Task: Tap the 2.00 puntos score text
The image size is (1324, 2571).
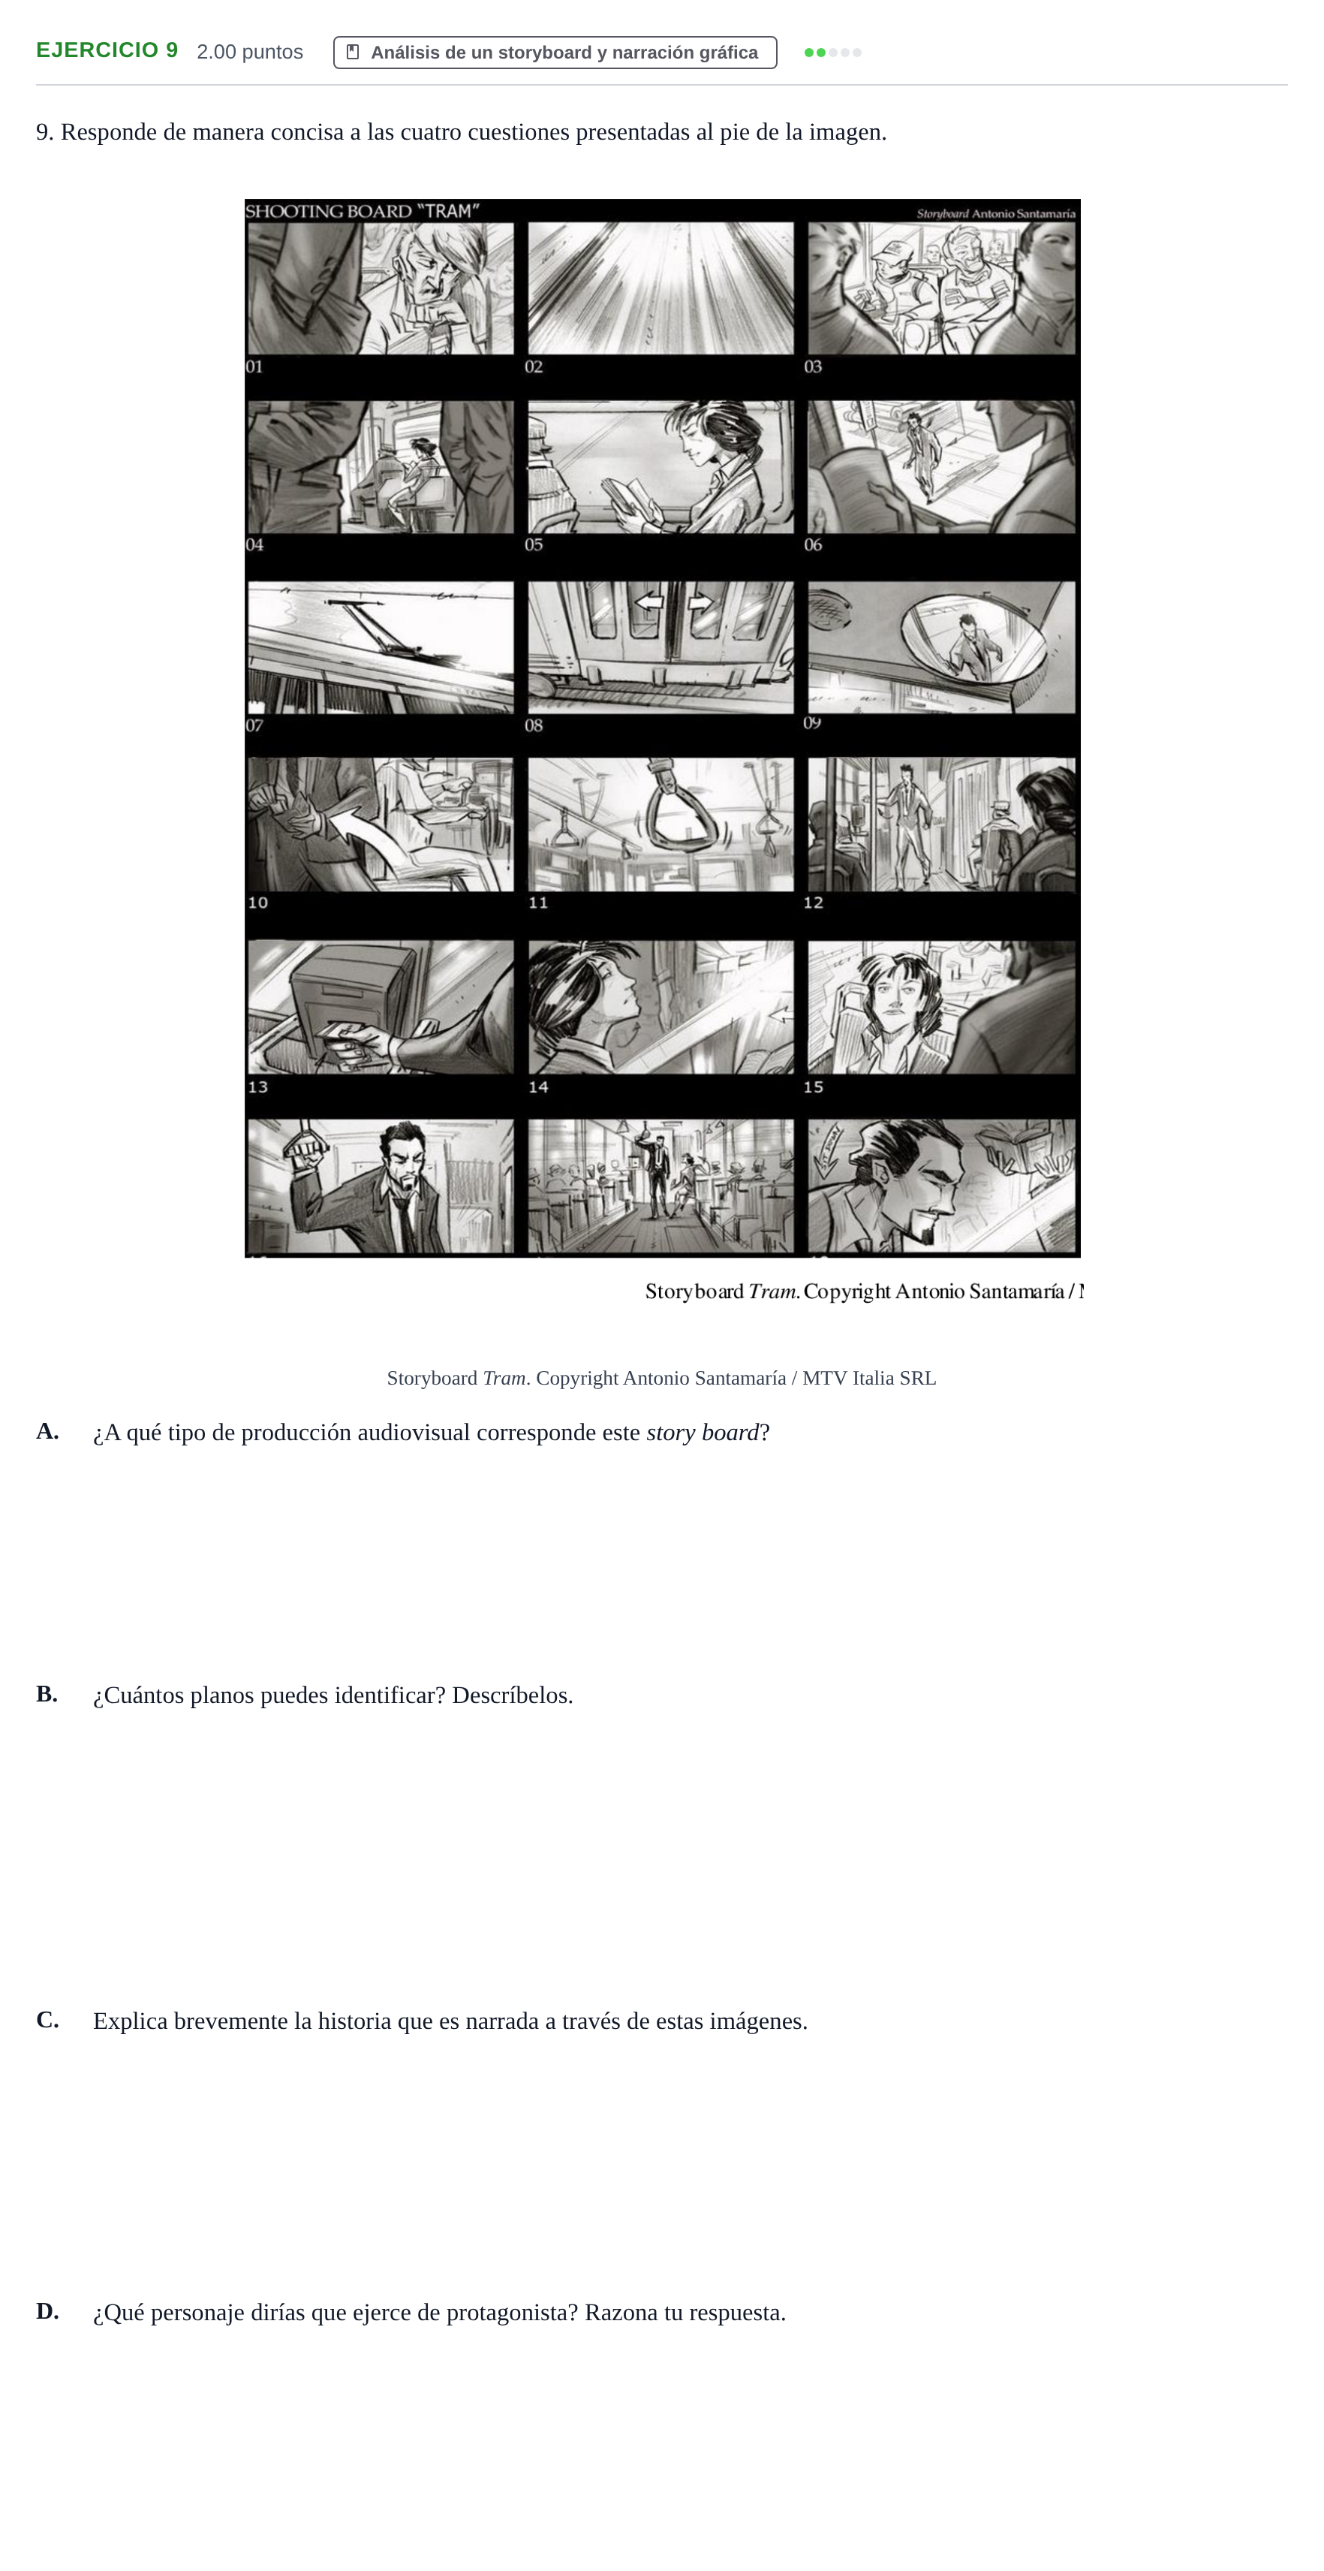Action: (x=249, y=52)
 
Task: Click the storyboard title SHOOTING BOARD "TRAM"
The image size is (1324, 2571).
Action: (x=363, y=210)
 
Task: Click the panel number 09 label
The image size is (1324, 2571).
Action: (x=812, y=722)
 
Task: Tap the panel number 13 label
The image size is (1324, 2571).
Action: (x=257, y=1087)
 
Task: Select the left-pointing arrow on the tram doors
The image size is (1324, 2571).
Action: (x=649, y=602)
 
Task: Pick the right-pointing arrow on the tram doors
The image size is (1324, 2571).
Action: (x=700, y=602)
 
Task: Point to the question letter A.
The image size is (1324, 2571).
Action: (x=47, y=1431)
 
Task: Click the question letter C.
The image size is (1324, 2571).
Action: (x=47, y=2020)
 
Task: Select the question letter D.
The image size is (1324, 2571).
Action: (x=47, y=2311)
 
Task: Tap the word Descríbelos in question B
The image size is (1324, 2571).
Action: (x=512, y=1695)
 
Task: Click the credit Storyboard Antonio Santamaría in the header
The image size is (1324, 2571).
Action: (x=996, y=213)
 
